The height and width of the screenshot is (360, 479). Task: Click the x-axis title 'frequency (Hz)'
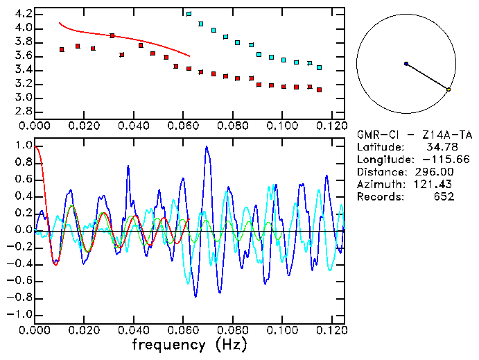(192, 345)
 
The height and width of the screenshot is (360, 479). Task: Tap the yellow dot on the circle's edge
(448, 89)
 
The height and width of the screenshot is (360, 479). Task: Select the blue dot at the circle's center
(406, 64)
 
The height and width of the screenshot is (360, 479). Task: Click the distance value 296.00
(435, 171)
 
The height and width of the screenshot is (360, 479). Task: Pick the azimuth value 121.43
(435, 184)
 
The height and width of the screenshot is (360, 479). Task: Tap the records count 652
(444, 196)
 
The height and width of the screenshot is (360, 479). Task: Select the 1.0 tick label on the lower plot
(24, 146)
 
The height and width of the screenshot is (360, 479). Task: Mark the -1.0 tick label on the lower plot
(21, 314)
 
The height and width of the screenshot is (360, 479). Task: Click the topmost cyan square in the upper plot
(189, 14)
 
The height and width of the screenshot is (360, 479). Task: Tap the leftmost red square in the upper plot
(62, 49)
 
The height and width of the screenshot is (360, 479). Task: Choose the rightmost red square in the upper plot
(319, 89)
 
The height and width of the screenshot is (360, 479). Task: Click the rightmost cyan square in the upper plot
(319, 67)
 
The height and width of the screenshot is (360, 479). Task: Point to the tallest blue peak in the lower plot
(206, 147)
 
